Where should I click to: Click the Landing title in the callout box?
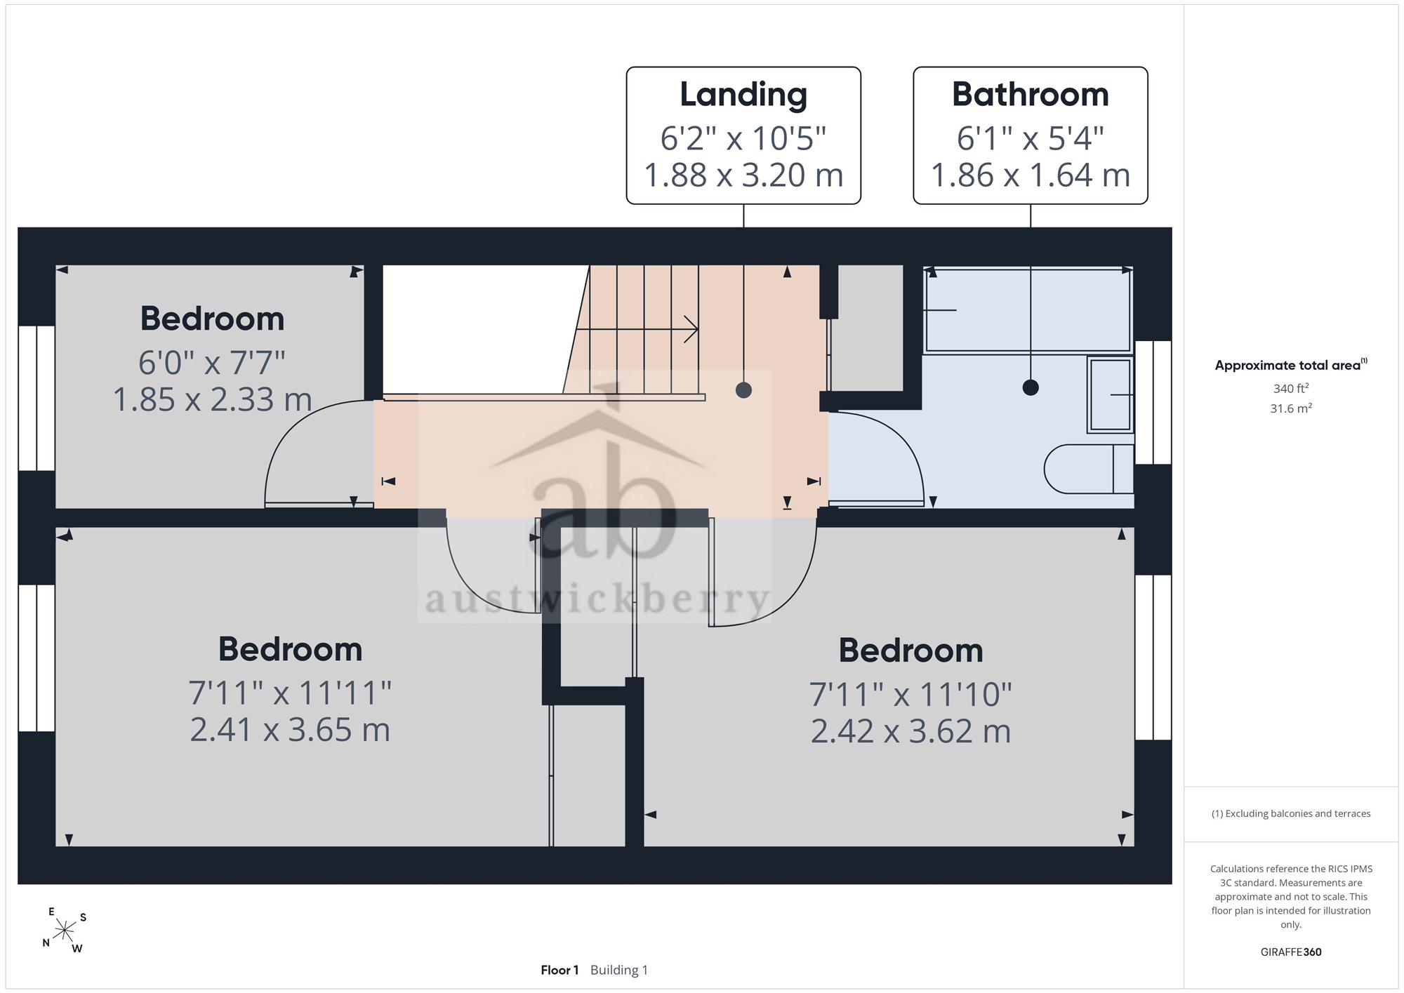point(743,95)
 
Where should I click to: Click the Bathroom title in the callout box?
point(1031,94)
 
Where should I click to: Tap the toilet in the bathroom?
point(1089,469)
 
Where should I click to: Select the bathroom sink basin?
point(1111,394)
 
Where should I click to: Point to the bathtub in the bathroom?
point(1028,309)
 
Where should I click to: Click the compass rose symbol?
point(65,931)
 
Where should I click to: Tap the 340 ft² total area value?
point(1291,388)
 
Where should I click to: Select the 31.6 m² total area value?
point(1291,408)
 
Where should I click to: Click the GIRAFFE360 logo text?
point(1291,952)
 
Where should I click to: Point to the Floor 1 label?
point(559,970)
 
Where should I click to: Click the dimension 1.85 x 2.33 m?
point(212,400)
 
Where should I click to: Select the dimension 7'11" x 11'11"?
point(290,693)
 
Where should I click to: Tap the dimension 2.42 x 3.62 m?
point(910,731)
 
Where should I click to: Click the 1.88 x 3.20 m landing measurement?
point(743,175)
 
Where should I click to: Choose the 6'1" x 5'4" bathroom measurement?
point(1031,138)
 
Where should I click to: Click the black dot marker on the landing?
point(743,390)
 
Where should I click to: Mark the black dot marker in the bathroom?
point(1031,387)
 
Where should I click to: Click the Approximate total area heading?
point(1291,365)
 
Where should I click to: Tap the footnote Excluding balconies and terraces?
point(1291,813)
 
